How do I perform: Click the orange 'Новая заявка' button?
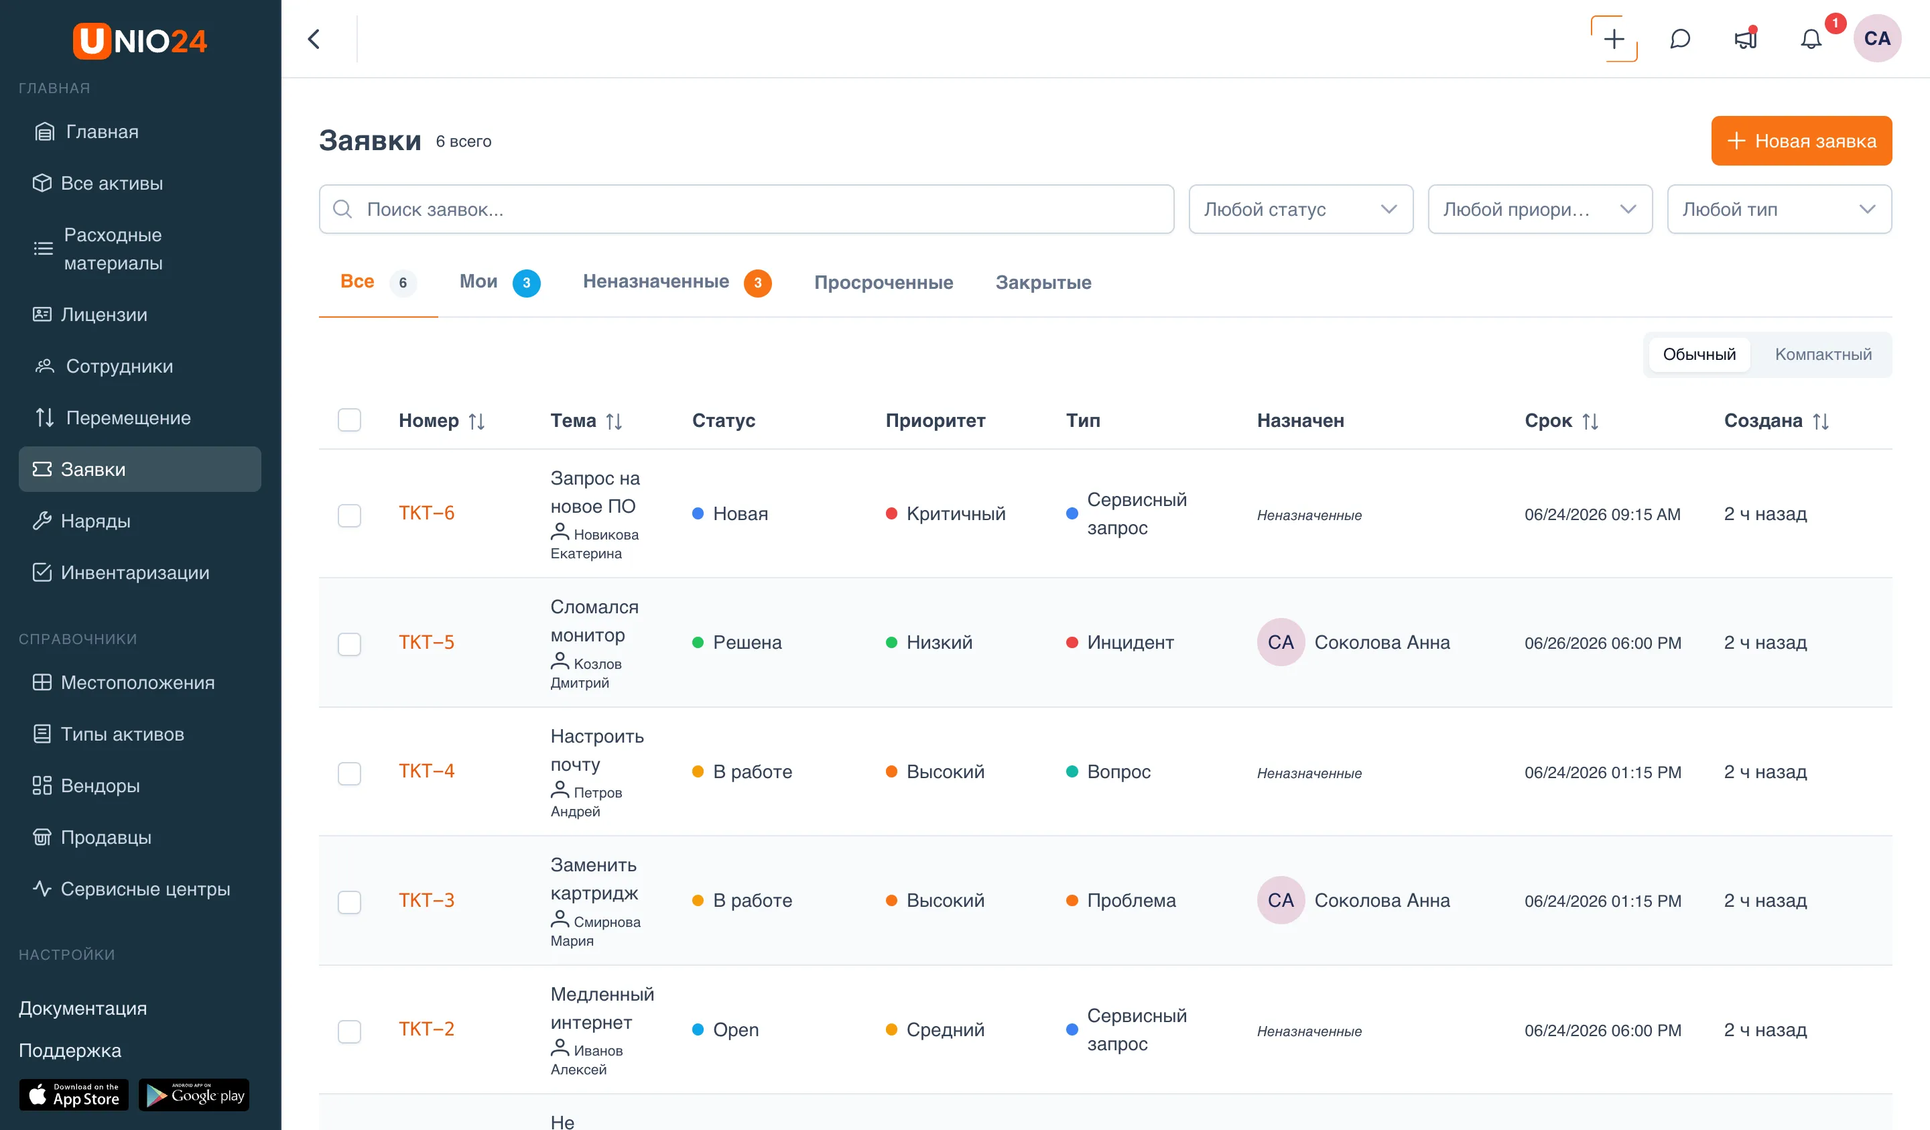pos(1801,141)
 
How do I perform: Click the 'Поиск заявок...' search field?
pos(746,209)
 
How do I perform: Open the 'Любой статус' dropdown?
pos(1301,209)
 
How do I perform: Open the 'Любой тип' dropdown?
pos(1779,209)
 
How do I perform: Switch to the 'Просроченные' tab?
pos(883,283)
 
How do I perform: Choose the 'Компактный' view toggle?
pos(1823,355)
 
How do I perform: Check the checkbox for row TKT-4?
pos(349,772)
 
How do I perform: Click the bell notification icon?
pos(1811,39)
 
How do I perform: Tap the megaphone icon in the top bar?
pos(1746,39)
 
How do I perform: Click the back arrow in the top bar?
pos(314,39)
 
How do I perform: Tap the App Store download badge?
pos(74,1094)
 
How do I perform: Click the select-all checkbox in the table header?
pos(349,420)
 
